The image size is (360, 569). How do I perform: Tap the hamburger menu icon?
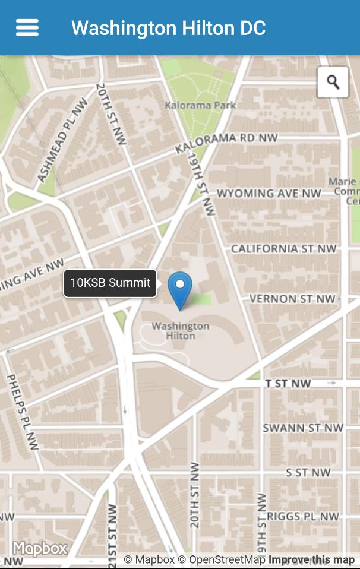[x=27, y=28]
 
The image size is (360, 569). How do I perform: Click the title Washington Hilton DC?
[x=168, y=28]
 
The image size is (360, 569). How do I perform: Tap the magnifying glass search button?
[x=333, y=82]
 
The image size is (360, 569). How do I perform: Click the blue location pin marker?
[x=179, y=290]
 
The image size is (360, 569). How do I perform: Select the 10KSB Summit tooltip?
[x=110, y=283]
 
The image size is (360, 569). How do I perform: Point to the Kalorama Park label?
[x=200, y=105]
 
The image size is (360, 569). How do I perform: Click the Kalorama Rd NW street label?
[x=226, y=142]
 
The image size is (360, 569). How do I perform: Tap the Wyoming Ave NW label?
[x=269, y=194]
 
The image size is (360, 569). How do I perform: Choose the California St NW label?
[x=283, y=248]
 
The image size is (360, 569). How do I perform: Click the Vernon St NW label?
[x=292, y=299]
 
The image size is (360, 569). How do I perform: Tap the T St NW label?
[x=288, y=384]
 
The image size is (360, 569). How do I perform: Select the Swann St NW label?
[x=303, y=428]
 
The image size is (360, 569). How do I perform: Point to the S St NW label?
[x=308, y=473]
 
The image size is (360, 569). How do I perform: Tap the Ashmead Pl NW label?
[x=62, y=140]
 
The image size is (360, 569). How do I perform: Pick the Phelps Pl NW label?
[x=23, y=411]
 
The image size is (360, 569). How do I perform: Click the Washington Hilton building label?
[x=180, y=331]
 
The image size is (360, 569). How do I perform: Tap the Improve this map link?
[x=311, y=559]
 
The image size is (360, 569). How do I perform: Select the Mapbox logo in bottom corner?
[x=40, y=548]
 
